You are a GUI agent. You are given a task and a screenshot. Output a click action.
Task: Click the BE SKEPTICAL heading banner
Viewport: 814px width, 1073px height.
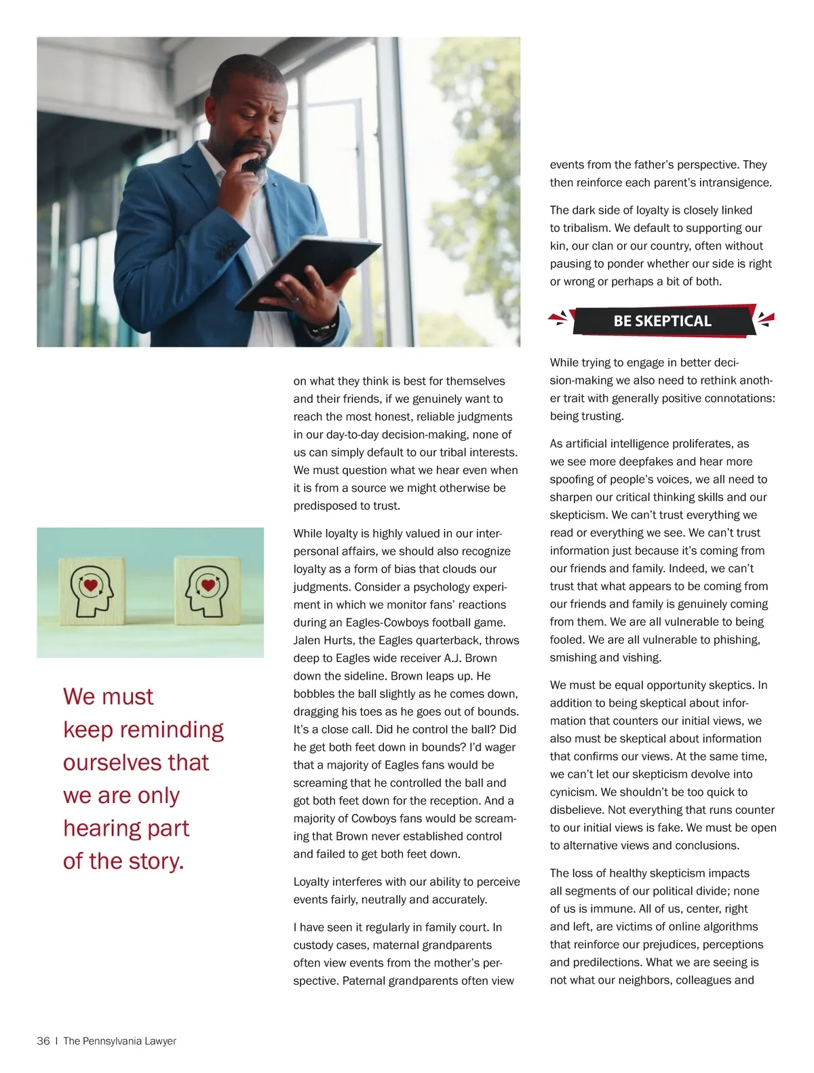point(662,321)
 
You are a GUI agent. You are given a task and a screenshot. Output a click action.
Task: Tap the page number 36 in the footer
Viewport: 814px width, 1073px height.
point(43,1040)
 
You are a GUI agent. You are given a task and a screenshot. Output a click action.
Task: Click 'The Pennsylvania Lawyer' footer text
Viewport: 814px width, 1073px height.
point(119,1040)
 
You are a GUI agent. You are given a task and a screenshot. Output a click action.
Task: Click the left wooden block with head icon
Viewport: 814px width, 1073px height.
point(92,591)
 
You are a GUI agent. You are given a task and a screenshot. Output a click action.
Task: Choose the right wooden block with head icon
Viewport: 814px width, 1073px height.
point(207,591)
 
